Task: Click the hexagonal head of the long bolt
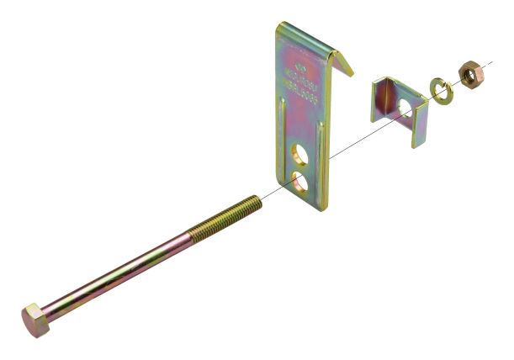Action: pyautogui.click(x=34, y=319)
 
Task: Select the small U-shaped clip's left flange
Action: pyautogui.click(x=381, y=100)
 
